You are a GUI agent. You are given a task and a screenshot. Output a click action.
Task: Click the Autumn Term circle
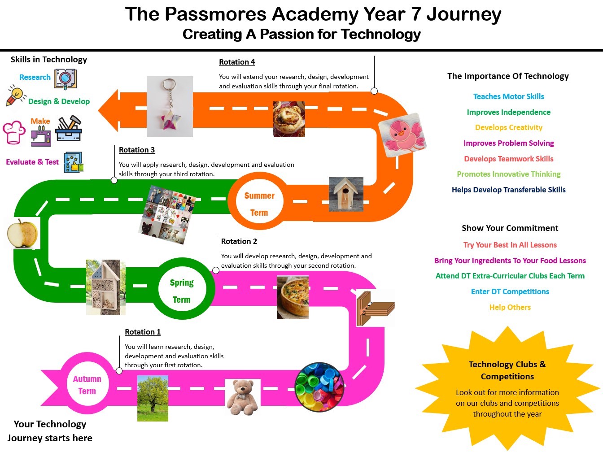87,383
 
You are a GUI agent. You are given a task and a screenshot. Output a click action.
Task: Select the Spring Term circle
182,288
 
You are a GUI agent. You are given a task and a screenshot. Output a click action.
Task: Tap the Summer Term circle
259,201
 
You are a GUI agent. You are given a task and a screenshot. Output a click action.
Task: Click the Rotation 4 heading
237,62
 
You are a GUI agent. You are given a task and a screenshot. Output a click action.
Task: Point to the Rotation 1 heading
143,332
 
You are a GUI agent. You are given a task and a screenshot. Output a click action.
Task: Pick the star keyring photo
170,106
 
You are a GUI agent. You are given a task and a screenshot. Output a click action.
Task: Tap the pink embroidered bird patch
402,135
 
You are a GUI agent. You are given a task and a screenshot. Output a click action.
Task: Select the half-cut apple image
23,233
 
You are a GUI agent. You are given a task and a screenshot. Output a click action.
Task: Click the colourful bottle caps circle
319,387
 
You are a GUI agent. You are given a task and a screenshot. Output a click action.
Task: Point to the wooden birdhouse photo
346,194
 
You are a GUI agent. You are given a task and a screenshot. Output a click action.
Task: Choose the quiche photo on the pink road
293,297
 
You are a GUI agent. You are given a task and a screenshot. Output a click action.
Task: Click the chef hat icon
14,132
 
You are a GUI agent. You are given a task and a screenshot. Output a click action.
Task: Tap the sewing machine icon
41,136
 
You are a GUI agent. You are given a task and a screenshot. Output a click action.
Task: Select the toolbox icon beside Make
69,128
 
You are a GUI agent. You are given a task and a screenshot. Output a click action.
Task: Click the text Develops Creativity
508,128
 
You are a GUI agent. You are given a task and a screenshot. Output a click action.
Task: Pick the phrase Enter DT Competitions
510,291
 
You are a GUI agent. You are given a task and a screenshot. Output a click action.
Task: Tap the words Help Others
510,307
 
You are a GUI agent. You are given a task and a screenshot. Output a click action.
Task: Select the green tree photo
153,398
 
